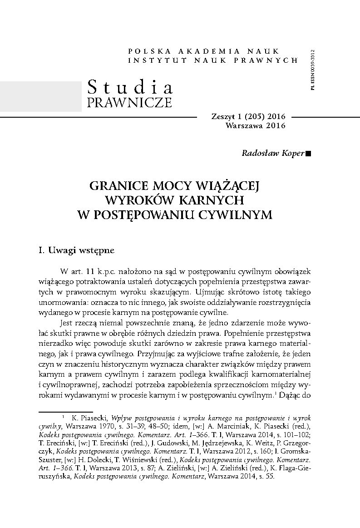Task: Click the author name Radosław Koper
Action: pos(274,153)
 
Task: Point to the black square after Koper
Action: pos(309,154)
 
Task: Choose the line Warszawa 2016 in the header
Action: pos(255,126)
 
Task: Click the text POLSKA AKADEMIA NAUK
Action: pos(204,51)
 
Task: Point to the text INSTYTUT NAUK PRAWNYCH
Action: pos(213,60)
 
